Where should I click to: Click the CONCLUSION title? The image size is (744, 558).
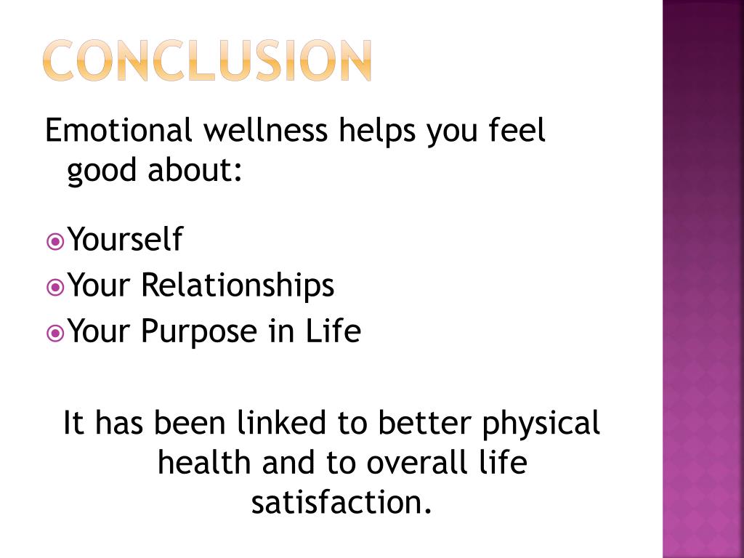(x=208, y=60)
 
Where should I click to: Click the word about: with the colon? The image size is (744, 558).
(x=195, y=171)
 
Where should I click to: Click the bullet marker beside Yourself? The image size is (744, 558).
(x=54, y=240)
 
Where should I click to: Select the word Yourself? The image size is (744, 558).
(x=125, y=240)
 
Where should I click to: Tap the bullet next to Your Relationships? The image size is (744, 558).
(x=54, y=286)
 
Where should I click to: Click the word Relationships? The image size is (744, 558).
(x=238, y=286)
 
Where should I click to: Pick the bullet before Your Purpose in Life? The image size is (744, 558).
(x=54, y=333)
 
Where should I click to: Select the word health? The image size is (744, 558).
(x=204, y=463)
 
